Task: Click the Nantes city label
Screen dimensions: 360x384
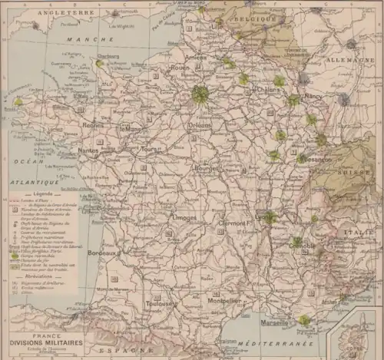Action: tap(89, 151)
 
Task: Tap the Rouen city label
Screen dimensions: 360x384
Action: tap(180, 68)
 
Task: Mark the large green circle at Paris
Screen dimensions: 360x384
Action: tap(200, 94)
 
